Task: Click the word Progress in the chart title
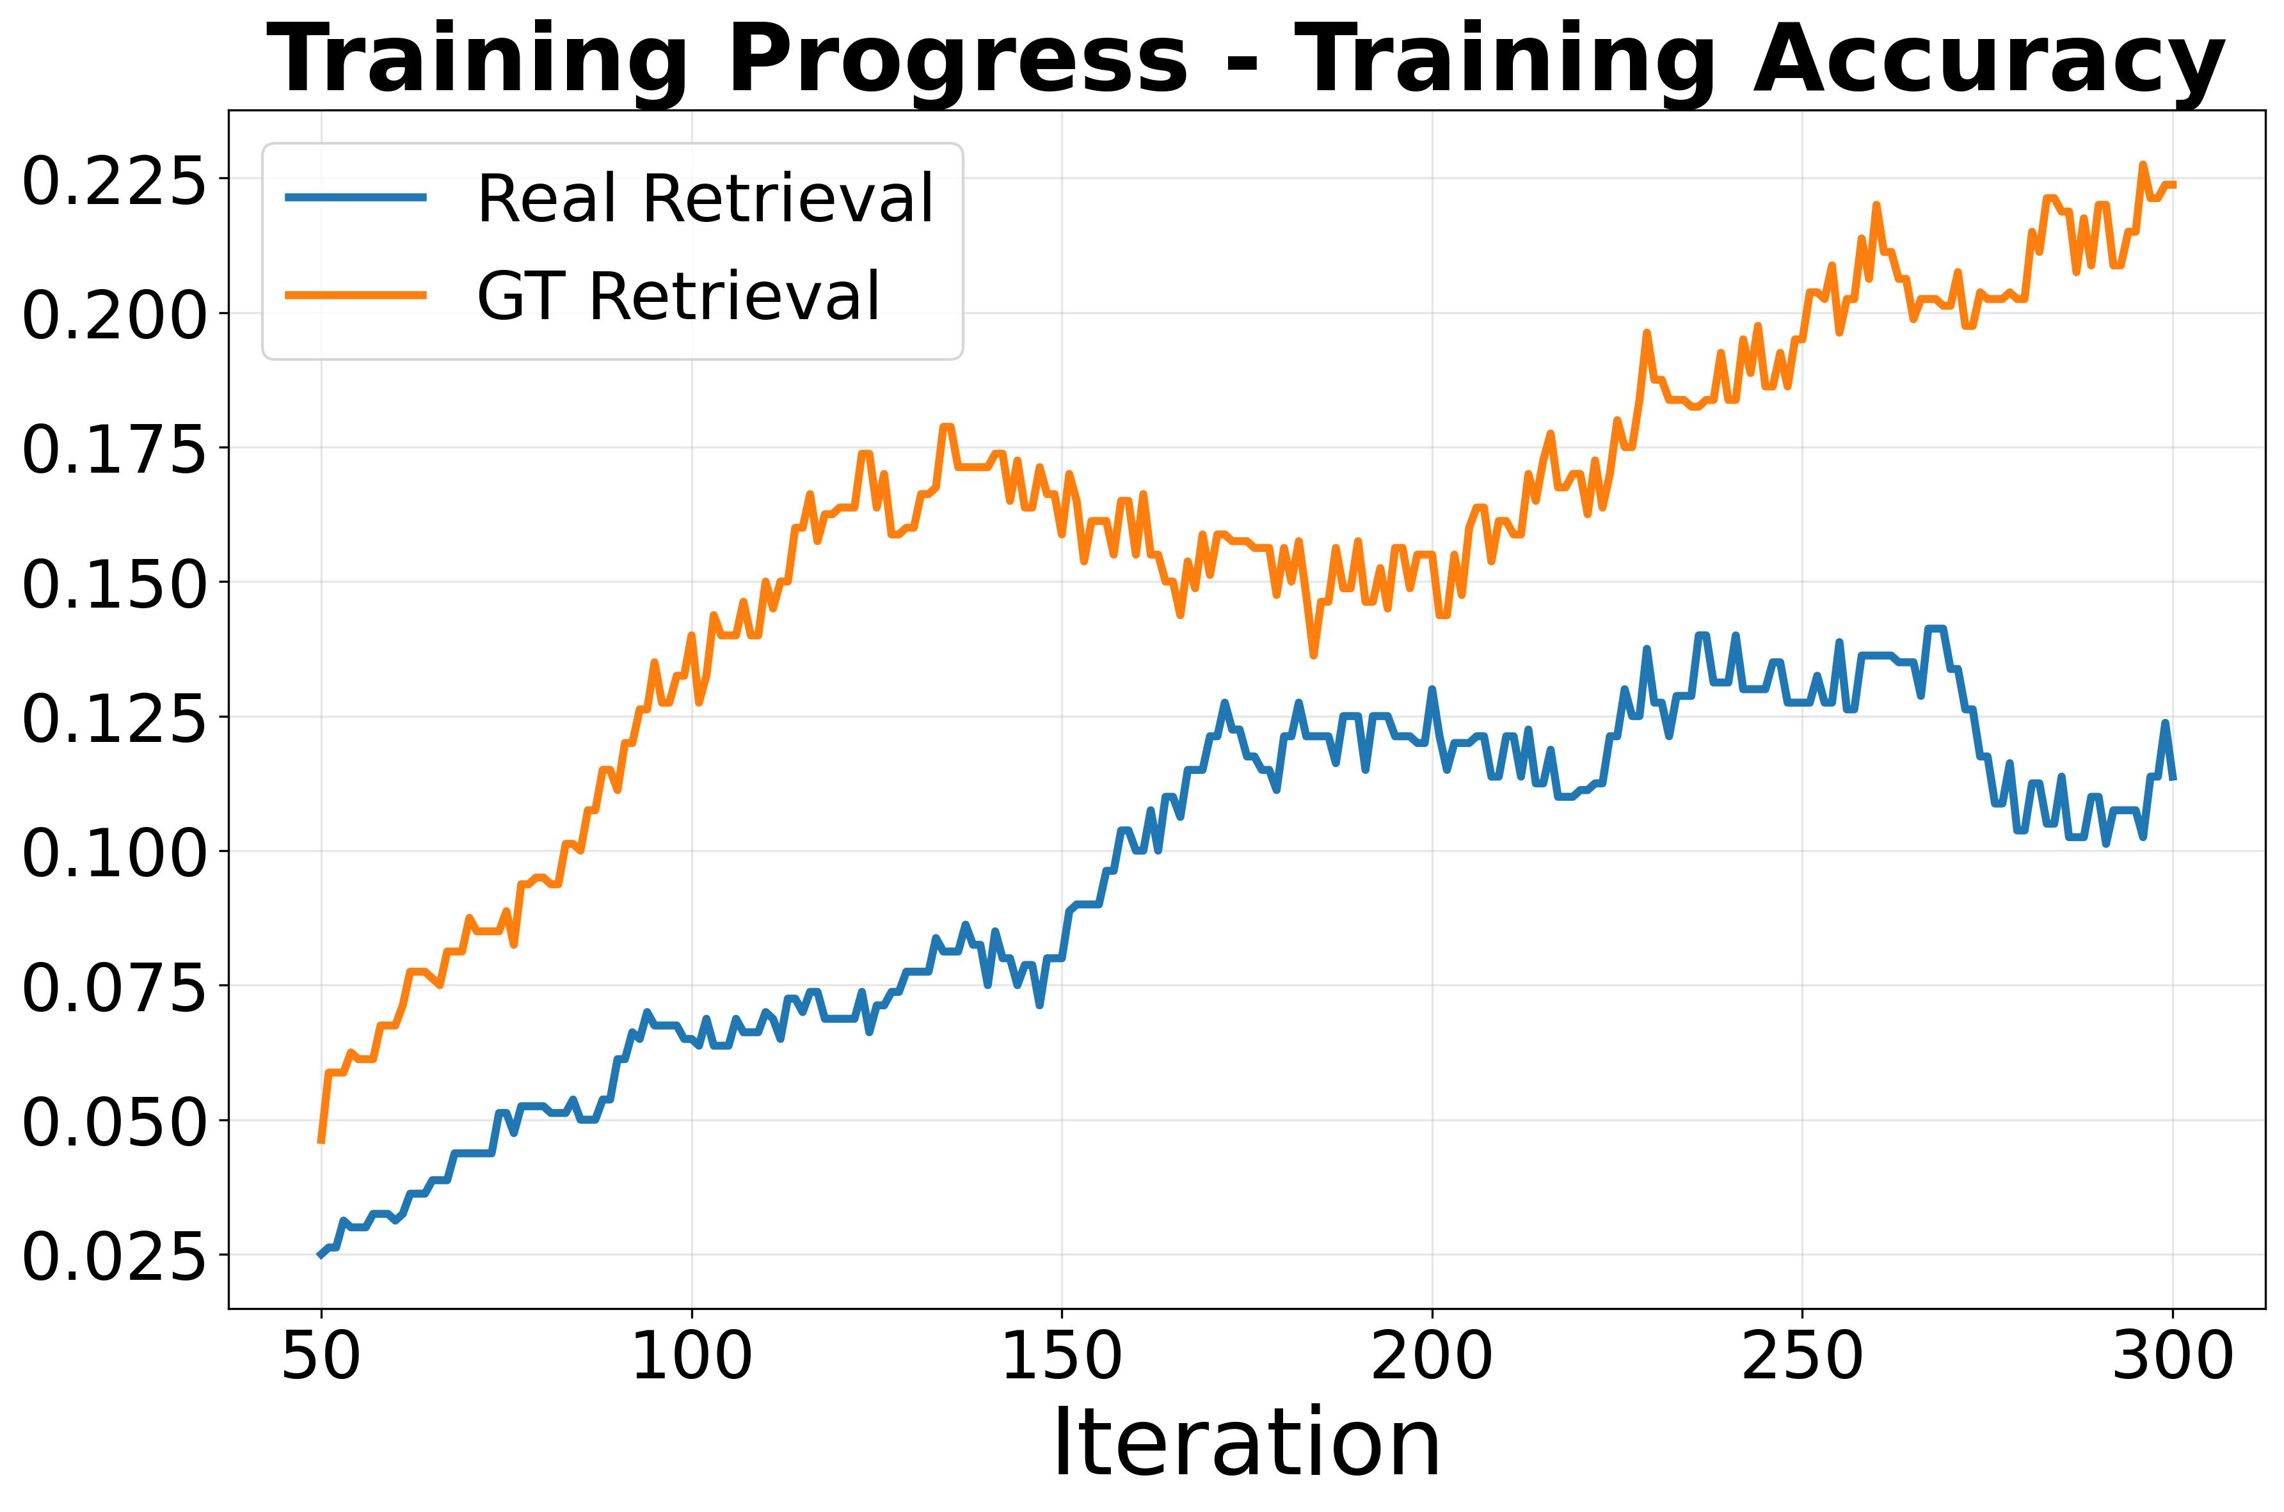tap(955, 59)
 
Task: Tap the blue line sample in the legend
tap(356, 198)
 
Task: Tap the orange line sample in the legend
tap(356, 295)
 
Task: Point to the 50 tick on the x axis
tap(321, 1358)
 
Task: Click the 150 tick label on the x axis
tap(1061, 1358)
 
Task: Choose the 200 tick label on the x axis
tap(1432, 1358)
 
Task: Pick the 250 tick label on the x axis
tap(1801, 1358)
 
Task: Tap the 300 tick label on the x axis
tap(2172, 1358)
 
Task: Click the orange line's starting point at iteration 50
tap(321, 1142)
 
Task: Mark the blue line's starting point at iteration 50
tap(321, 1254)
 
